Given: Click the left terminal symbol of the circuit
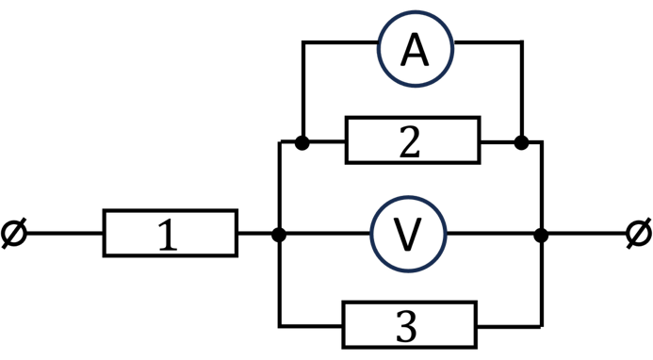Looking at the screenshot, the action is click(14, 234).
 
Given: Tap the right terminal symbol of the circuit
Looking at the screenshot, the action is click(639, 234).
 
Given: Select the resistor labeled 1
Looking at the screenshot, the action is click(171, 233).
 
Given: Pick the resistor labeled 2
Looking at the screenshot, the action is click(413, 140).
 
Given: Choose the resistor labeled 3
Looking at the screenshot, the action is click(410, 324).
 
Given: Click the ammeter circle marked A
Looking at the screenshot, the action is click(416, 49).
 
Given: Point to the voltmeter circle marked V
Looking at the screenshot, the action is click(409, 234).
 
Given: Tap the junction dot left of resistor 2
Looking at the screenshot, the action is click(302, 142).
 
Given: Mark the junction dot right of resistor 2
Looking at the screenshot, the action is click(521, 142).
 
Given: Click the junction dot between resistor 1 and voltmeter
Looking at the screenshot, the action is click(279, 235).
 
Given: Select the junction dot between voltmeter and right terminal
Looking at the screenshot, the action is click(541, 235).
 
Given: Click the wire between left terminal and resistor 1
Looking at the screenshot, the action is click(65, 234).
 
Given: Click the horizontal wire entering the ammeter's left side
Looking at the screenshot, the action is click(340, 42).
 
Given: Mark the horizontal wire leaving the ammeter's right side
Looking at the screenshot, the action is click(488, 42).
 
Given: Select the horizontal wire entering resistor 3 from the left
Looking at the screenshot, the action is click(311, 326).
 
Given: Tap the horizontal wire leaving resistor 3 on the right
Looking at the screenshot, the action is click(510, 326).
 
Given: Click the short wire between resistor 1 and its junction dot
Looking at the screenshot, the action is click(254, 234).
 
